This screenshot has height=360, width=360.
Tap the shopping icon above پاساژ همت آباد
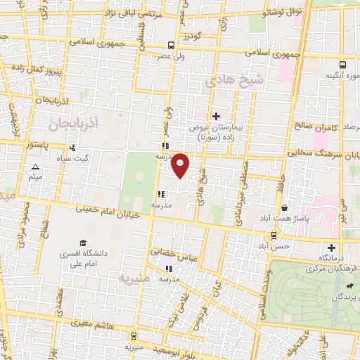[284, 208]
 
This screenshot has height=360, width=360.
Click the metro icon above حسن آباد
[272, 236]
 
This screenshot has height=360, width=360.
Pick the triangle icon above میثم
[35, 167]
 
